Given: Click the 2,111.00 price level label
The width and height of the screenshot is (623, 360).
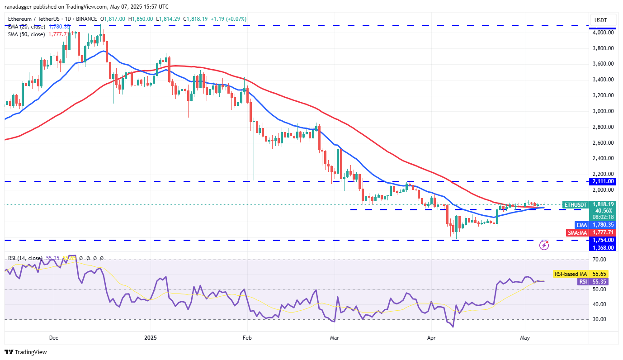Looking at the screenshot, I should (604, 181).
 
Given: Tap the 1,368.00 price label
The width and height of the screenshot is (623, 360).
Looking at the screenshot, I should (604, 247).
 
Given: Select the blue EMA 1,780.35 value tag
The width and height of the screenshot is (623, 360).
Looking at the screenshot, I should (604, 225).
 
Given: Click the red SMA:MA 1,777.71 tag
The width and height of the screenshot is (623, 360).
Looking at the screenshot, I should (604, 232).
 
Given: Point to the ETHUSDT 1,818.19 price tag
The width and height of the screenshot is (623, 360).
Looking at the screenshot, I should (604, 204).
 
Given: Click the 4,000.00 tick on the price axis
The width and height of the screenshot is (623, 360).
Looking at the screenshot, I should (604, 33).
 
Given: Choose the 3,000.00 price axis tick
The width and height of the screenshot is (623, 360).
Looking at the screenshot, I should (604, 111).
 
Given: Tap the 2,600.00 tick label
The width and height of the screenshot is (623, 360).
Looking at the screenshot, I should (604, 143).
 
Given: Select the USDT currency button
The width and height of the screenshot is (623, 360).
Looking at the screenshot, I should (601, 20).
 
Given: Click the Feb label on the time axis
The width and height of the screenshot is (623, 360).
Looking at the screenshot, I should (247, 337).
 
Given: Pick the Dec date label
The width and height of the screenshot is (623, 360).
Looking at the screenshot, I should (53, 337).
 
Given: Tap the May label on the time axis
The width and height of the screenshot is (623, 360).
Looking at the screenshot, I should (524, 337).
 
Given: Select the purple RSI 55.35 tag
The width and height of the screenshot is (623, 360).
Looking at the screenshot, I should (593, 281).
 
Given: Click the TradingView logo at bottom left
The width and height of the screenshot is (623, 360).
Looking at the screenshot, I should (26, 352).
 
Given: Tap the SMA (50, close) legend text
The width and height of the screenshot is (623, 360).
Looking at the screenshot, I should (27, 34).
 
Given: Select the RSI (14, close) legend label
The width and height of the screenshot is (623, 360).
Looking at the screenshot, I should (27, 258).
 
